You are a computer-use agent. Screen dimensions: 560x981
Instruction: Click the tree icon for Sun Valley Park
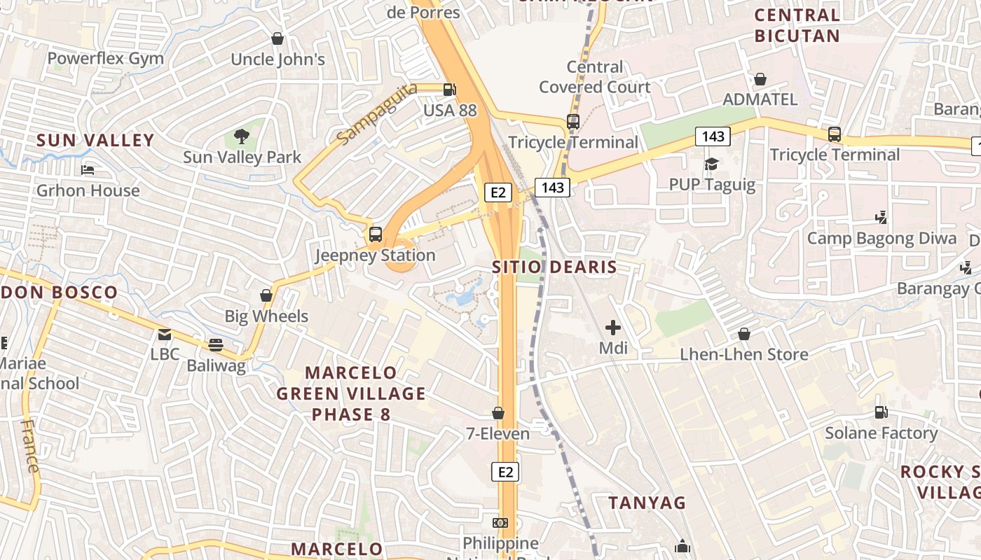click(242, 136)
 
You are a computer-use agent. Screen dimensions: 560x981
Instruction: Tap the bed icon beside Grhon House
click(88, 170)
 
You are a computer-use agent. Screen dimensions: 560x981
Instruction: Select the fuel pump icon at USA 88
click(449, 90)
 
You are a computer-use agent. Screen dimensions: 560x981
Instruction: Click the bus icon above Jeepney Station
click(376, 234)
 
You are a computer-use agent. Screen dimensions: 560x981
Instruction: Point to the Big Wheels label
click(266, 316)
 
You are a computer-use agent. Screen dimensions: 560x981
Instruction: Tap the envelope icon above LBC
click(165, 335)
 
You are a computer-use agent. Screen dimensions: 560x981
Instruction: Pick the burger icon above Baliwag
click(216, 344)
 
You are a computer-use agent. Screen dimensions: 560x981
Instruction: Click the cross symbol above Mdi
click(613, 327)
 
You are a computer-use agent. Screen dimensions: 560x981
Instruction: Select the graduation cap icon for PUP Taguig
click(711, 164)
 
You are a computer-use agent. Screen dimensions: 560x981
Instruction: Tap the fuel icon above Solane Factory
click(881, 412)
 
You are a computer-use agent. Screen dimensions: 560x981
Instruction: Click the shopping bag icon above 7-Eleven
click(498, 413)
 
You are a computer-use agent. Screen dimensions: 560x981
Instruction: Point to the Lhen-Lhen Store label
click(744, 355)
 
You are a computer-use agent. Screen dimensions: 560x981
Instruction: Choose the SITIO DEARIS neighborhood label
click(554, 267)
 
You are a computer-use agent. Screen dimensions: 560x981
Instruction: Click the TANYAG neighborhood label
click(647, 503)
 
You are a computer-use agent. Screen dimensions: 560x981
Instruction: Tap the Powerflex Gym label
click(105, 59)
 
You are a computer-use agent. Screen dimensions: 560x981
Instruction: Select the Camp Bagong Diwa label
click(881, 239)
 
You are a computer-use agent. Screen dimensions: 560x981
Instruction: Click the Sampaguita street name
click(377, 114)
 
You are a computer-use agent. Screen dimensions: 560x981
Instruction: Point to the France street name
click(30, 446)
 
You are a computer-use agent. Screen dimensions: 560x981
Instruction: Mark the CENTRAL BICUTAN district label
click(797, 25)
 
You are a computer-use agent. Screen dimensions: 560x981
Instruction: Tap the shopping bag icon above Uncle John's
click(277, 38)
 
